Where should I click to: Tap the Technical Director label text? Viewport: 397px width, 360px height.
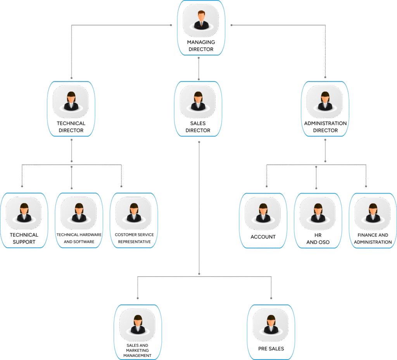71,127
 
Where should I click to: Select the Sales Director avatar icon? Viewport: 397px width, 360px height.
198,102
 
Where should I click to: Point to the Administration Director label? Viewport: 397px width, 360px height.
325,127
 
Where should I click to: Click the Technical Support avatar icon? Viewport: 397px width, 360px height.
24,213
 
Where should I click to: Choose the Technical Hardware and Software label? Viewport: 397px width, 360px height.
79,238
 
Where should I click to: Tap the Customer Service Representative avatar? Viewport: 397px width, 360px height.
134,213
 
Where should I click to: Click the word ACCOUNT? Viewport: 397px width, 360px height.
263,237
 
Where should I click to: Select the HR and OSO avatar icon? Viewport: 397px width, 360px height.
318,213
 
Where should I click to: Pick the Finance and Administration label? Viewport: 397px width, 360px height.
373,238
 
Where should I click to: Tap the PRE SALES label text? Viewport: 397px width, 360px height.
271,348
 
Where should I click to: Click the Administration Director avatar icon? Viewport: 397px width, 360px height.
325,102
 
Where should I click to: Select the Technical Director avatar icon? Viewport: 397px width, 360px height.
71,102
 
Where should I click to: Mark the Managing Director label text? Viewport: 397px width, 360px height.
201,46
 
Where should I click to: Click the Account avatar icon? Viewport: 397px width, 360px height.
263,213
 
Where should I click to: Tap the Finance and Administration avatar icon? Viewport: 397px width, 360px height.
373,213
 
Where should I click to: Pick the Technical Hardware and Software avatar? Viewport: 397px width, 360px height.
79,213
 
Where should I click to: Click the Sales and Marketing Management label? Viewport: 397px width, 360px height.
137,350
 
